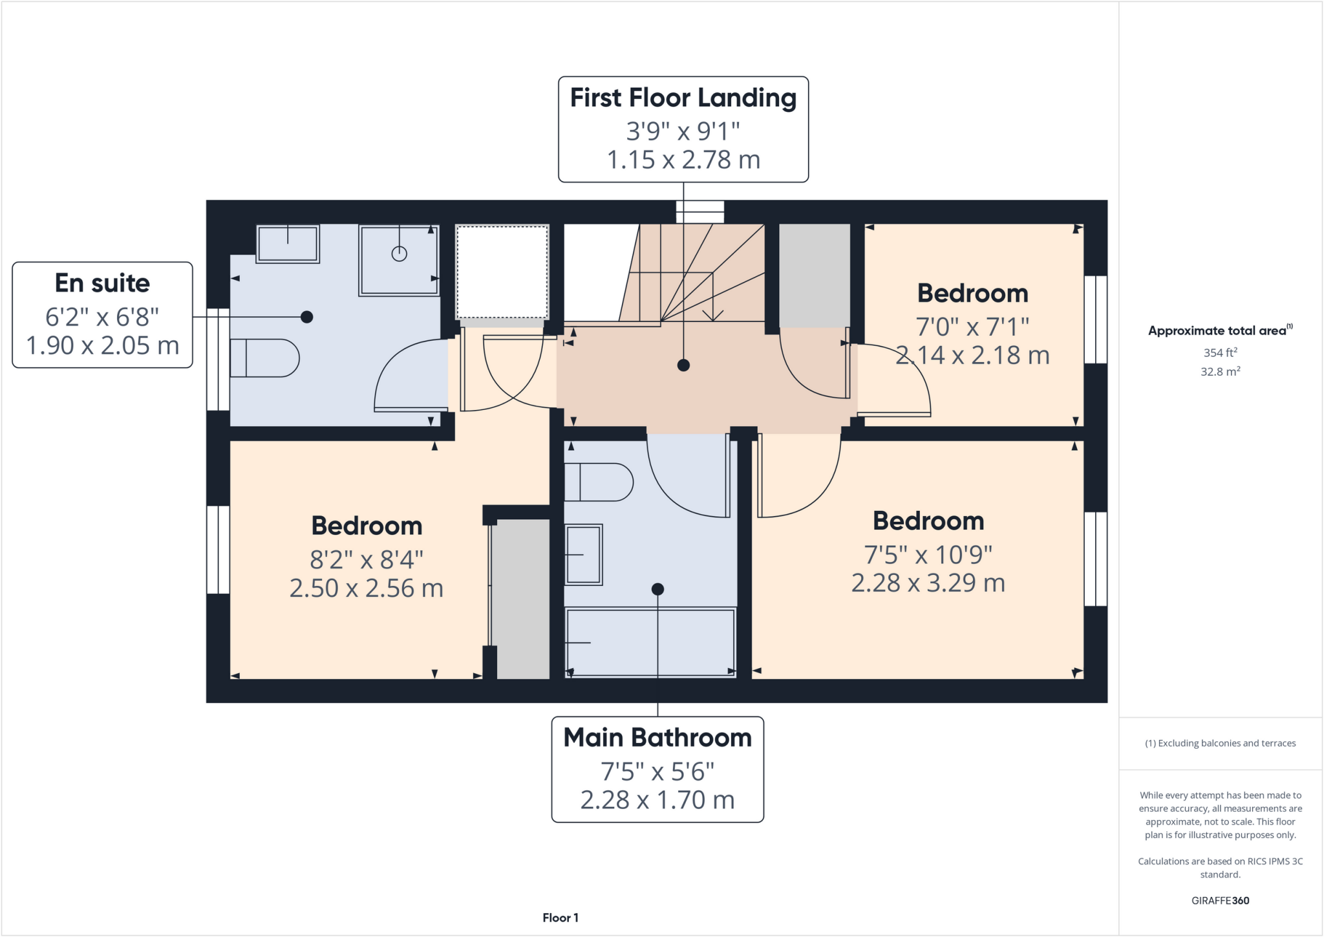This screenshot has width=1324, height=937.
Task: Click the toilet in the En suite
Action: click(264, 358)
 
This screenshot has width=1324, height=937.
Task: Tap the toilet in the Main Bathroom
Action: click(598, 482)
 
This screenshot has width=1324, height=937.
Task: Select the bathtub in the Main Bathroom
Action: click(650, 642)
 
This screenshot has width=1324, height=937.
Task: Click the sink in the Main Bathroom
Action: click(584, 555)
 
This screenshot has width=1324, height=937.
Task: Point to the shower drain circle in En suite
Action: click(400, 253)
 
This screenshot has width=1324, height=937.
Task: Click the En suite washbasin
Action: click(288, 244)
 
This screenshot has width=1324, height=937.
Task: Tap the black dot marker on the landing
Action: click(683, 365)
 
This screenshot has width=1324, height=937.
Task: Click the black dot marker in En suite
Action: click(307, 317)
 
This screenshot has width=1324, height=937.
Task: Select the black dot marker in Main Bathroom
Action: click(657, 589)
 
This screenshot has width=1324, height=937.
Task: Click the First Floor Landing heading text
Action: click(683, 98)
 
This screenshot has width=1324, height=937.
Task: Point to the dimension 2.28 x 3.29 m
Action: click(928, 583)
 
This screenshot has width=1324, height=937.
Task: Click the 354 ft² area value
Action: click(1220, 352)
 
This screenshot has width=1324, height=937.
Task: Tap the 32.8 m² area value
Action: click(1220, 372)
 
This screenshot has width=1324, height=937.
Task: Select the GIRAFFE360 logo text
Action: click(1220, 900)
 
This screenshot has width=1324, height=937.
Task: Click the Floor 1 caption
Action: click(561, 918)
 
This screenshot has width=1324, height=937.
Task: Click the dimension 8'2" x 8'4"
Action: click(366, 559)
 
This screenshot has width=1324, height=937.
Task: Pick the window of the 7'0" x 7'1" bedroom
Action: click(1095, 319)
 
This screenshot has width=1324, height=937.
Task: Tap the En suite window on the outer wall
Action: click(218, 359)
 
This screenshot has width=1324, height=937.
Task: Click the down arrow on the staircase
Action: click(712, 314)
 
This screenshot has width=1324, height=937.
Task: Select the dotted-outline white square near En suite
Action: click(502, 272)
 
